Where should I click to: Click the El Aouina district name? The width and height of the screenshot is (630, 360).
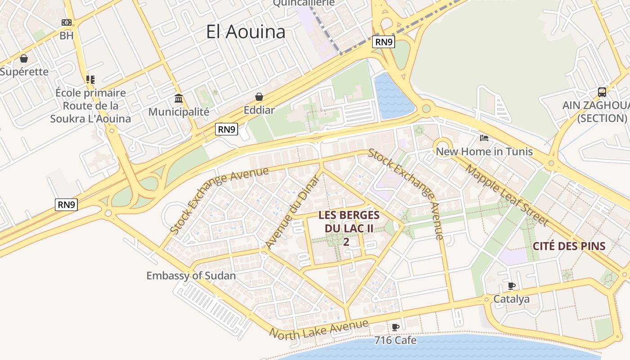click(246, 32)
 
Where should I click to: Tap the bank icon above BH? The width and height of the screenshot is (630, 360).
click(67, 22)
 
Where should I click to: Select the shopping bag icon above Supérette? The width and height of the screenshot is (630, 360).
click(24, 58)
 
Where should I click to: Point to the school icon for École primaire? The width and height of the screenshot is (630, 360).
click(90, 80)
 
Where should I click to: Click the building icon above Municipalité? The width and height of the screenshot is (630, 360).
click(179, 99)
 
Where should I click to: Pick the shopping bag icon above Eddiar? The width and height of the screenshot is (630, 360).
click(259, 97)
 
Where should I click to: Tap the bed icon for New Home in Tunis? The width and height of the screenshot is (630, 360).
click(484, 138)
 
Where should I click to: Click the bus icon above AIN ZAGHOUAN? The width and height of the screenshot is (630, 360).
click(602, 92)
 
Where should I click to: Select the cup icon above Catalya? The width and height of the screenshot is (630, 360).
click(511, 286)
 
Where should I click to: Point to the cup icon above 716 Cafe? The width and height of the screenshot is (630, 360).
click(395, 327)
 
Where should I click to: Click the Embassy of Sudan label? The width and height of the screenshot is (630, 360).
click(191, 275)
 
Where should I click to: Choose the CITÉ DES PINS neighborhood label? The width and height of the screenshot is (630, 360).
click(569, 246)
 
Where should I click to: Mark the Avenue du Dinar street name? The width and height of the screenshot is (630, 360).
click(292, 211)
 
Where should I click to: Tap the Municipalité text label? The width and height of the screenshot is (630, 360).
click(179, 112)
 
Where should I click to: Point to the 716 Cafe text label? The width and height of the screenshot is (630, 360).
click(395, 340)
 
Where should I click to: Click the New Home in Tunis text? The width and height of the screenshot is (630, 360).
click(484, 151)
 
